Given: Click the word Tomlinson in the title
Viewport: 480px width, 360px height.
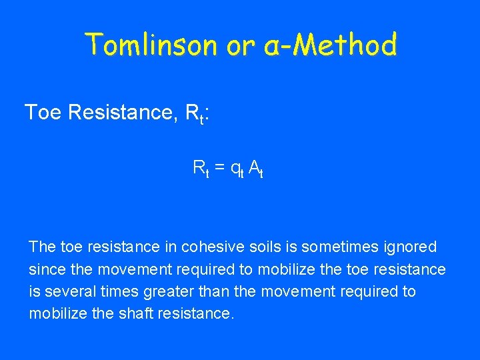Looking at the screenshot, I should click(151, 45).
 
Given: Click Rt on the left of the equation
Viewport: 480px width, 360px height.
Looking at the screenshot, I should click(200, 168).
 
